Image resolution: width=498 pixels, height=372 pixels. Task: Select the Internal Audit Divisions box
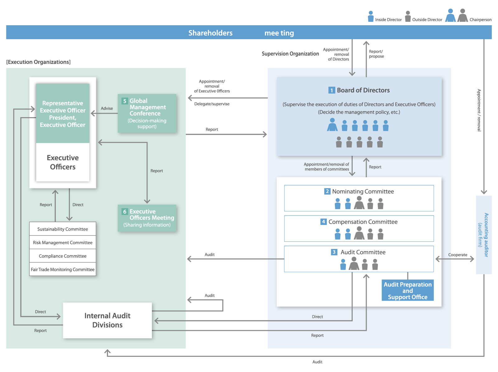[107, 320]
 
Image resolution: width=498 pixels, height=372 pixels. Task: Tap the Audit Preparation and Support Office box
[407, 290]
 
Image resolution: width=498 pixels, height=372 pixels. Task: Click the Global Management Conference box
[147, 113]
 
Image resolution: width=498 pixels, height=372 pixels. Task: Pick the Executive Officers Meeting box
[147, 218]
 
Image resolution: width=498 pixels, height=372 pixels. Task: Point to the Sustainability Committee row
[63, 229]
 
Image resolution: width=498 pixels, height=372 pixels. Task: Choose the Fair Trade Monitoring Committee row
[63, 269]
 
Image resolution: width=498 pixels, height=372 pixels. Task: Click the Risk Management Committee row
[63, 242]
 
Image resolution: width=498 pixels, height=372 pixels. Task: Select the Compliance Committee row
[63, 256]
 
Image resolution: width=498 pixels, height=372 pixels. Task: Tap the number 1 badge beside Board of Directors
[332, 90]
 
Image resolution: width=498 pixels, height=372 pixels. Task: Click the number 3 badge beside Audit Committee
[334, 252]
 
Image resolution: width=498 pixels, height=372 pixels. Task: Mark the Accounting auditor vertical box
[484, 235]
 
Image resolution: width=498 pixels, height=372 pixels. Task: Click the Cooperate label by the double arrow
[458, 255]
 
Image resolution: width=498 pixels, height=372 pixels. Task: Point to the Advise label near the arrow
[107, 108]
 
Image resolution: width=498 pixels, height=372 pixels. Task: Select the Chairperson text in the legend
[480, 20]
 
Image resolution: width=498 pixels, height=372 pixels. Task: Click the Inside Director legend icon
[371, 17]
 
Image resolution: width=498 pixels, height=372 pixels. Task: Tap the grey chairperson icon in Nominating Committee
[359, 203]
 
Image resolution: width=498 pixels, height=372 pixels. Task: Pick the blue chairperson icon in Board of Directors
[332, 125]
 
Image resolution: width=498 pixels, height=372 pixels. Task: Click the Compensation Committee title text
[363, 222]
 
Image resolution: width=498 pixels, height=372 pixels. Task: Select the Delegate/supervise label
[212, 104]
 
